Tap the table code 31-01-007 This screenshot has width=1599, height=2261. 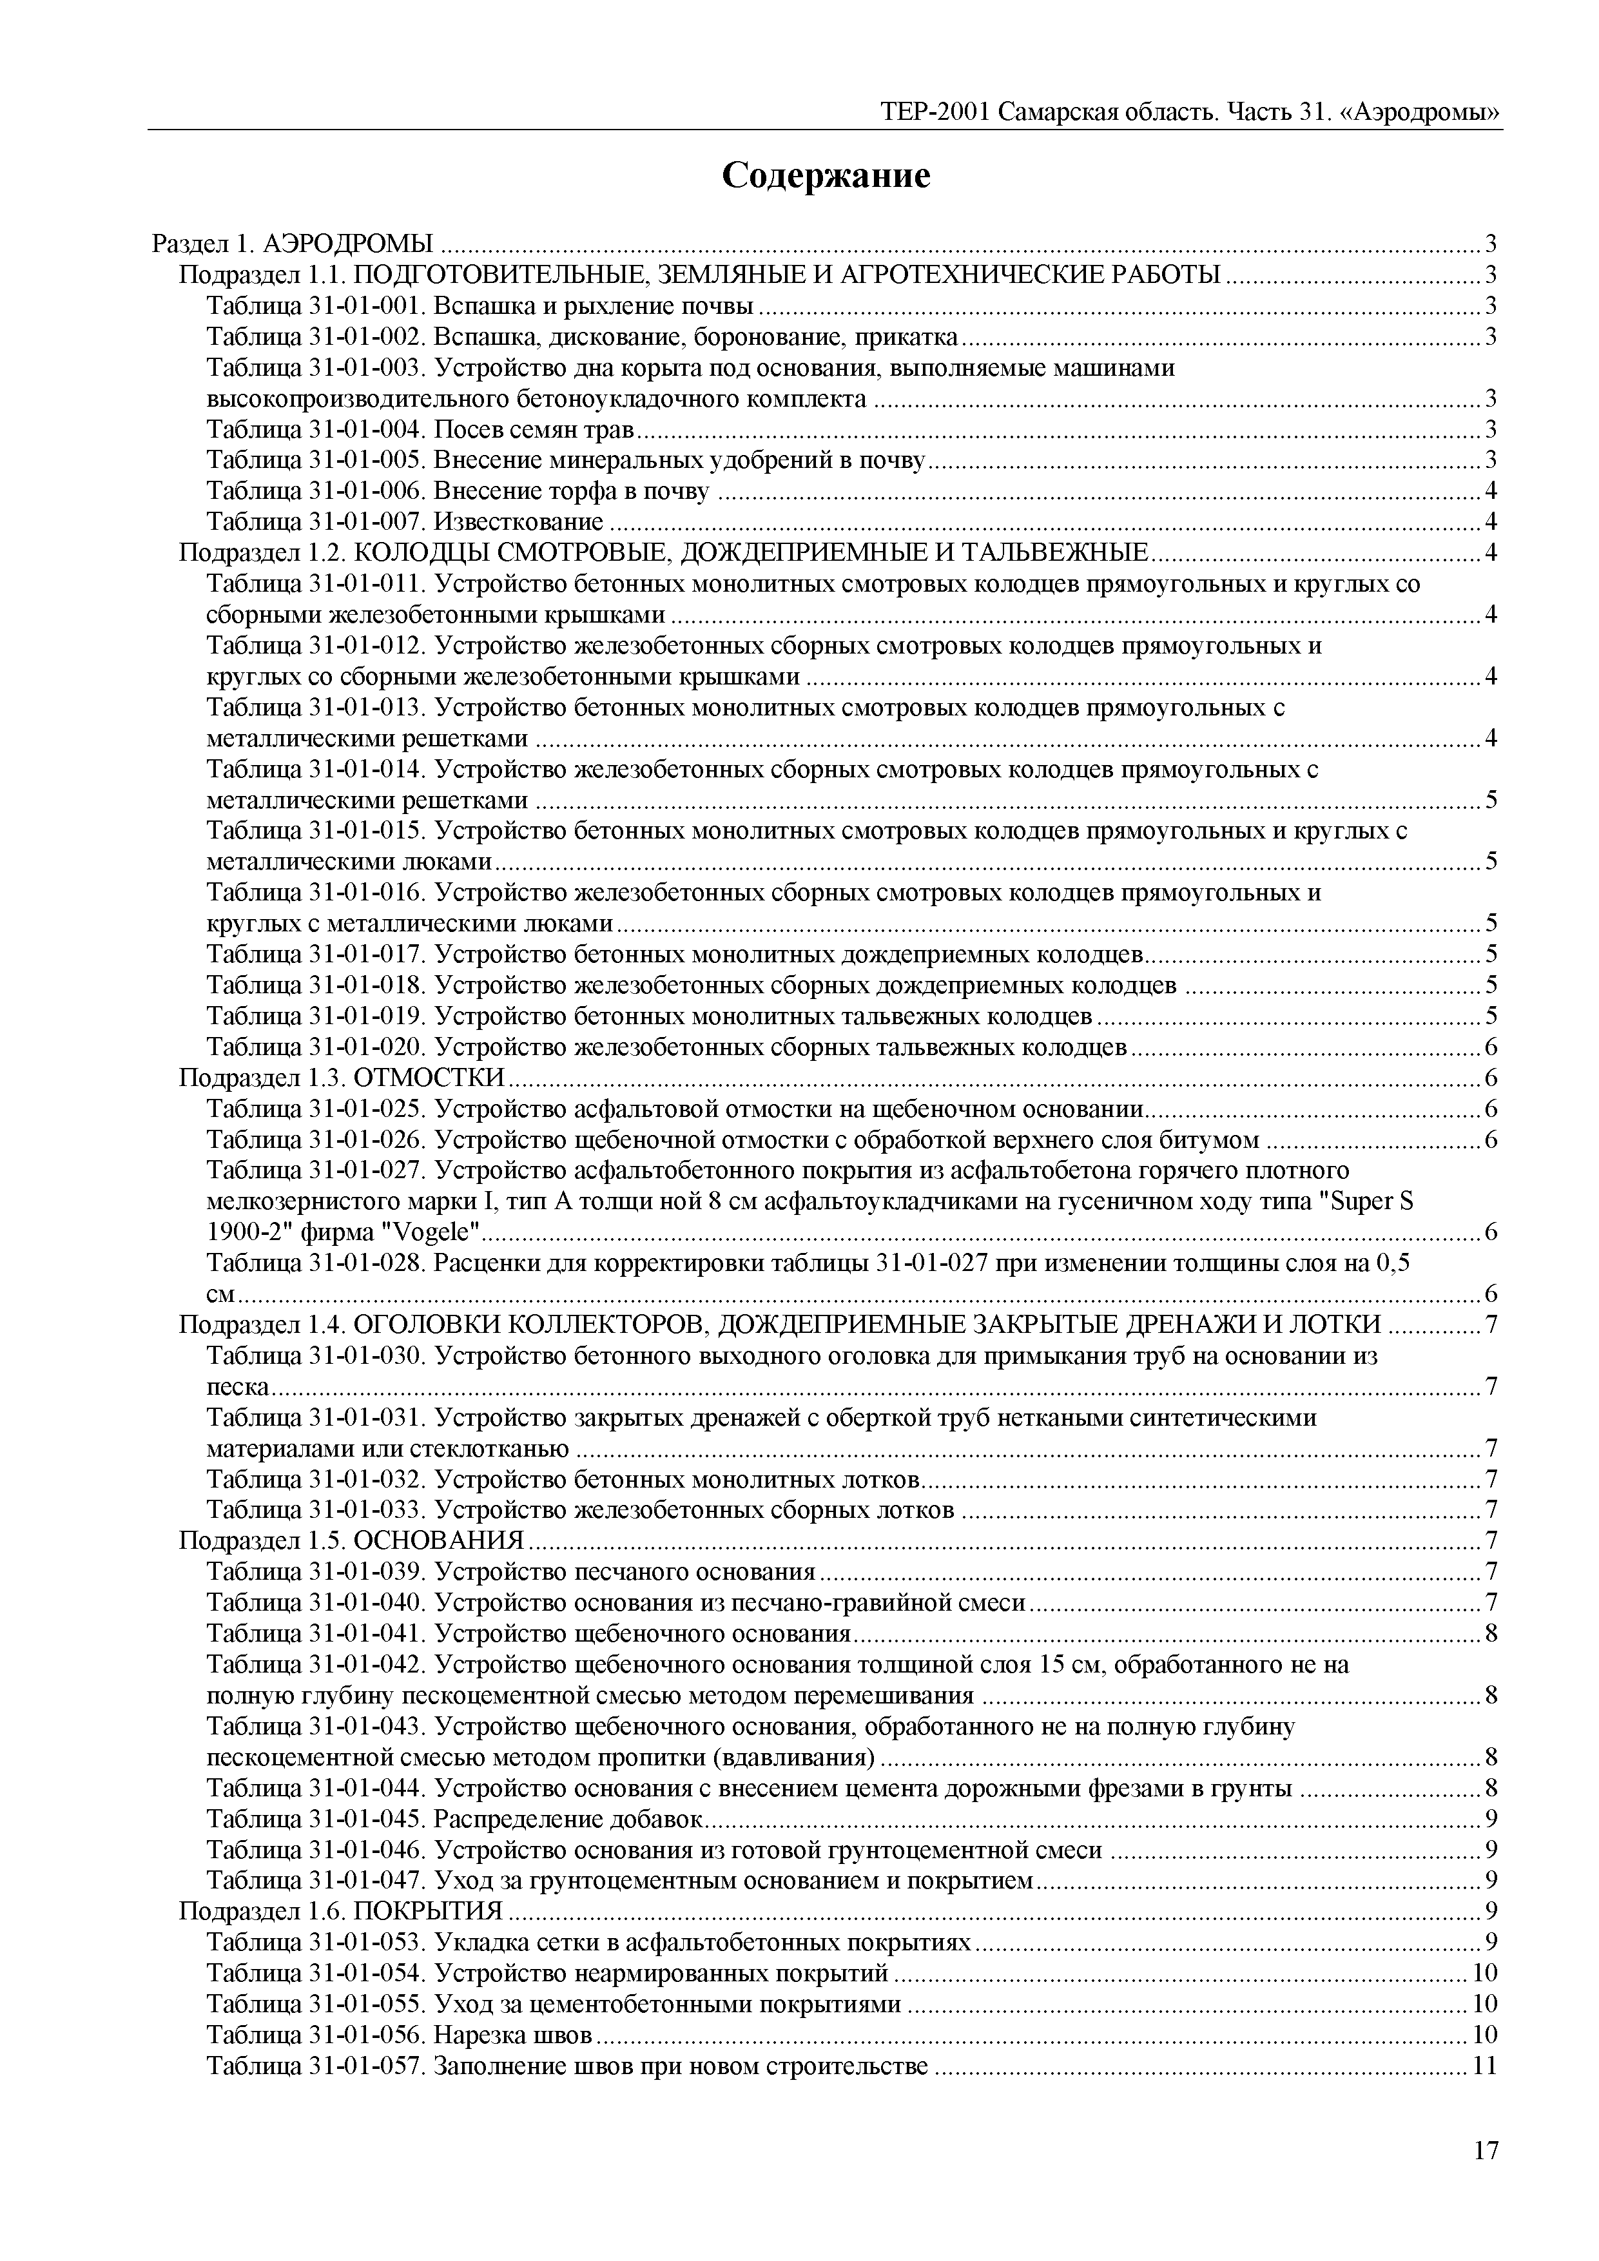coord(367,522)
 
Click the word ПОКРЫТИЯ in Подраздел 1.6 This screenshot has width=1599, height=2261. coord(429,1912)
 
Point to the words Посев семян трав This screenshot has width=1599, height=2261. coord(535,429)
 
